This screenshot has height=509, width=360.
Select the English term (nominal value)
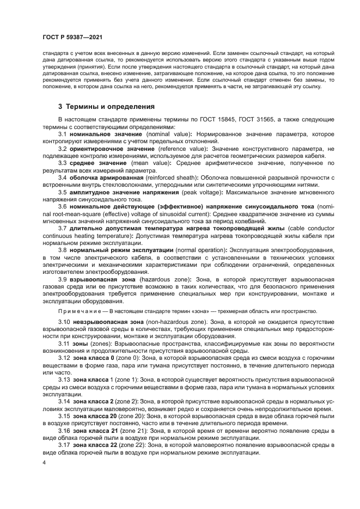tap(170, 133)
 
